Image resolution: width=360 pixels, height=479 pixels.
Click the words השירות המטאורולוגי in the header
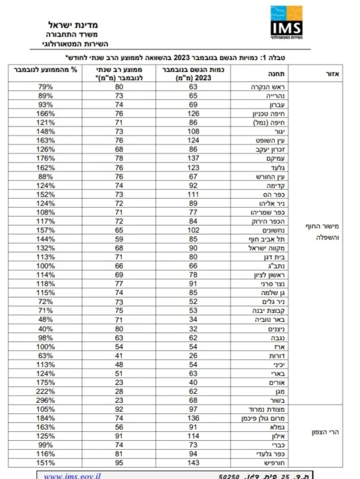(x=72, y=44)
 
